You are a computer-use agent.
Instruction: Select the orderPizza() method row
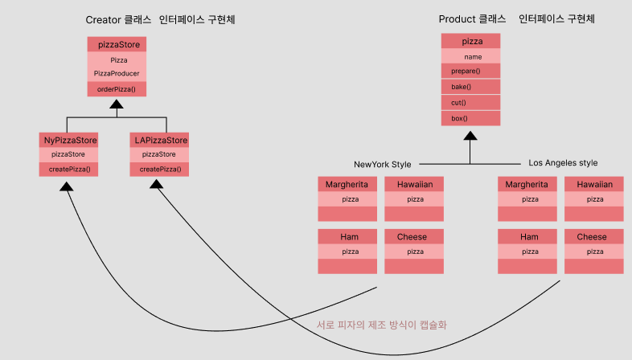117,88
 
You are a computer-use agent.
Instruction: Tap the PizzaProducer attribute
117,73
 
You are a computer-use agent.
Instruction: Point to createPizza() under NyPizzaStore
68,169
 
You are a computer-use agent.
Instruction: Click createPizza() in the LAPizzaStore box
159,169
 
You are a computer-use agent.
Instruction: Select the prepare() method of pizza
471,72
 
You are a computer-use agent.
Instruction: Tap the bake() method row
471,87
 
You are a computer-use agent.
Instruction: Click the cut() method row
471,103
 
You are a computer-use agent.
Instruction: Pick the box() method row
471,118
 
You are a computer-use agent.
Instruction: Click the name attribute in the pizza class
471,57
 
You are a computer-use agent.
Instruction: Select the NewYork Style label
383,164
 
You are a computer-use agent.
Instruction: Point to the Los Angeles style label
563,163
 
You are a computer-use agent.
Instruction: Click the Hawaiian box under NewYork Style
414,184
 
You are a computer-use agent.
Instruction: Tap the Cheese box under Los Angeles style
592,237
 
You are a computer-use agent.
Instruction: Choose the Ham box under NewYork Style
348,237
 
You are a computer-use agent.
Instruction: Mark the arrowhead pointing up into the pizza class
471,136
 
